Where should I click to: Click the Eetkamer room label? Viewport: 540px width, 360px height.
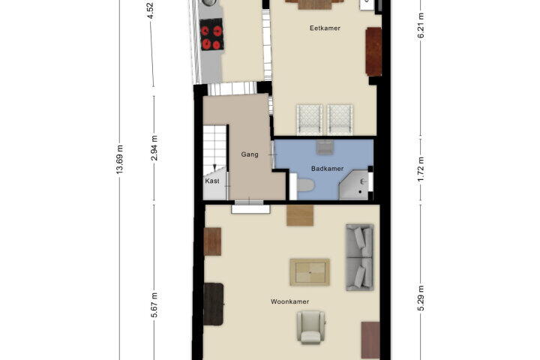coord(325,28)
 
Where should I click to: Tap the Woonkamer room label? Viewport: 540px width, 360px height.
coord(289,301)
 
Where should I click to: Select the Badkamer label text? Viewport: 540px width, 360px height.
coord(327,169)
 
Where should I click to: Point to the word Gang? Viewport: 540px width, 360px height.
coord(250,154)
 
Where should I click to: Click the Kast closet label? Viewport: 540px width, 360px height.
coord(211,181)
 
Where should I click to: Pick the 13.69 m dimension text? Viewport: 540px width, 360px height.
coord(119,159)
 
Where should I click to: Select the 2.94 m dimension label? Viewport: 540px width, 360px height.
coord(154,148)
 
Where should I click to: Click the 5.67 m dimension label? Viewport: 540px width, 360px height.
coord(154,305)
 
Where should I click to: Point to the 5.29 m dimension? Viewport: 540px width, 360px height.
coord(421,298)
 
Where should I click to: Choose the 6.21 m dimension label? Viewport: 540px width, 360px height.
coord(421,26)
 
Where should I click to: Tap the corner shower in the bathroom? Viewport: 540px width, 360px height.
coord(354,185)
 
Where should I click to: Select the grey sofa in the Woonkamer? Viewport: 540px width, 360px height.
coord(359,257)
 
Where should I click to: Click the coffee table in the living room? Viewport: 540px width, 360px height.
coord(310,272)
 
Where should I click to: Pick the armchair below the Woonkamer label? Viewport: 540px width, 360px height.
coord(311,327)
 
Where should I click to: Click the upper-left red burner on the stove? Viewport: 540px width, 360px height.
coord(205,31)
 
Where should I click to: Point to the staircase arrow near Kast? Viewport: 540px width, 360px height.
coord(214,168)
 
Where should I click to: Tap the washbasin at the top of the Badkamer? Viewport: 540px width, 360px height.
coord(324,147)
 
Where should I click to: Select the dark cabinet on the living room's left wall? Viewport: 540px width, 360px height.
coord(213,304)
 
